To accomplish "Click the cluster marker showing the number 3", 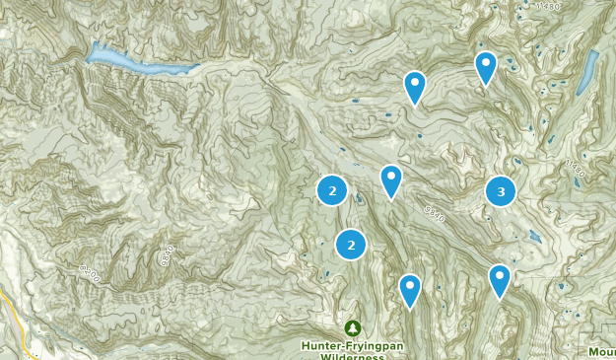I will coord(501,191).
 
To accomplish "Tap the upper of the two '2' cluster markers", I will coord(332,190).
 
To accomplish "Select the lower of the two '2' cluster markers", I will coord(350,244).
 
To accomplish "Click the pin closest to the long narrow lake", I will coord(485,66).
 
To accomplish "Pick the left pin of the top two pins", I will coord(415,87).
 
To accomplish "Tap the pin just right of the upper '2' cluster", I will coord(391,180).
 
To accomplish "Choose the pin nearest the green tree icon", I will coord(409,289).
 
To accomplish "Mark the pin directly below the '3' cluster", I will coord(500,279).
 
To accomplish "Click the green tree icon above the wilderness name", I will coord(352,327).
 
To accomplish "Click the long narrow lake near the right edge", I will coord(588,70).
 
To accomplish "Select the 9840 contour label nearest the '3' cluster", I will coord(434,212).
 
